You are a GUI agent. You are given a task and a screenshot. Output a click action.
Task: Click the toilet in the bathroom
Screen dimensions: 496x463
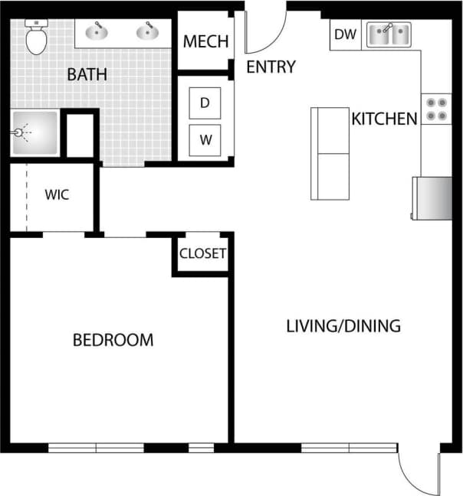[x=36, y=38]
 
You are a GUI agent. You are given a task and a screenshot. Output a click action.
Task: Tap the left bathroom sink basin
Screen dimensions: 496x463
[x=97, y=33]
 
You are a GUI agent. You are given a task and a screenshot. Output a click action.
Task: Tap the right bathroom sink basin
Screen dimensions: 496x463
[x=146, y=33]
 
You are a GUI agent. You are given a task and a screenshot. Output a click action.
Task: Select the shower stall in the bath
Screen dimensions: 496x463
[x=34, y=133]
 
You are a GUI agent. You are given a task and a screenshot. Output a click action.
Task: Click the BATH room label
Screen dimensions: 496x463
[x=87, y=75]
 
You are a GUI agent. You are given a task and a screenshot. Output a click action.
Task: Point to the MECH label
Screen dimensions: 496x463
[x=205, y=41]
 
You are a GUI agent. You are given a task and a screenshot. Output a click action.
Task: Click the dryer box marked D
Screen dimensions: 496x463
[x=205, y=103]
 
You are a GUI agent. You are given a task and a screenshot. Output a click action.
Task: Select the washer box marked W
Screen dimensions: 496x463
[x=205, y=140]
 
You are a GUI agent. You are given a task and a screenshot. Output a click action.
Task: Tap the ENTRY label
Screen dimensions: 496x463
[x=271, y=67]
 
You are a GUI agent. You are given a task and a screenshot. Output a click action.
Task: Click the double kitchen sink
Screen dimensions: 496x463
[x=389, y=34]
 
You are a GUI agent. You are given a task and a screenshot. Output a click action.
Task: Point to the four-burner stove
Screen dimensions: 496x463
[x=436, y=109]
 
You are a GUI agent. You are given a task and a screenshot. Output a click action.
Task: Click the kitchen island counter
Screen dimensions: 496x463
[x=330, y=153]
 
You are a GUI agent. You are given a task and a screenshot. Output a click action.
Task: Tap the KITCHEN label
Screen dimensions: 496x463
[x=384, y=119]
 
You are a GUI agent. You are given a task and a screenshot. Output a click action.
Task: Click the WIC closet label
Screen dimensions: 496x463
[x=56, y=195]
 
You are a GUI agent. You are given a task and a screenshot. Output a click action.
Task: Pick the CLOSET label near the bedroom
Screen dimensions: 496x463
[x=202, y=253]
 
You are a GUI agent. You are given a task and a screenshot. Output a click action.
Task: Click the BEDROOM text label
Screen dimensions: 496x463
[x=113, y=340]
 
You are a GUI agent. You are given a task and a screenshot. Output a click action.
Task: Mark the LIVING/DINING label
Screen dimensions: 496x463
[x=343, y=326]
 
